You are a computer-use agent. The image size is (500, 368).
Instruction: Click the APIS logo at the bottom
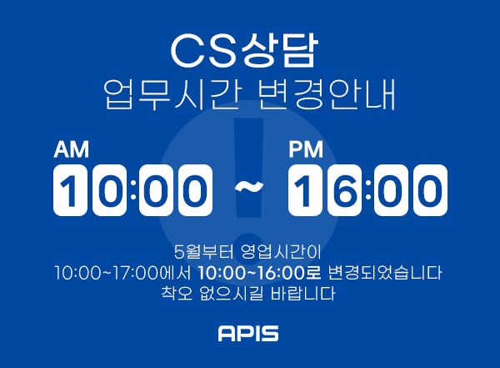[x=248, y=333]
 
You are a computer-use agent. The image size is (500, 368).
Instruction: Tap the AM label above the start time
[x=71, y=149]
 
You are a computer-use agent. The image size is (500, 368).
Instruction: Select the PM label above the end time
[x=306, y=149]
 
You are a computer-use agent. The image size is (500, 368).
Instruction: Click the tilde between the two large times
[x=249, y=187]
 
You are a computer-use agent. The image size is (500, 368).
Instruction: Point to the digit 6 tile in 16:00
[x=344, y=190]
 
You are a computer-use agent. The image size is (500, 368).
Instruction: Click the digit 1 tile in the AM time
[x=70, y=190]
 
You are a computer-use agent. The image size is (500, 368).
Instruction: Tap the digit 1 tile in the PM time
[x=305, y=190]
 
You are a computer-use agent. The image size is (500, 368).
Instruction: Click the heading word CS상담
[x=244, y=51]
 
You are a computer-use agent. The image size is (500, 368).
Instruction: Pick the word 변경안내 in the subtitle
[x=327, y=94]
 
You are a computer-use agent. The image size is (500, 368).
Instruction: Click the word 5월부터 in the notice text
[x=204, y=252]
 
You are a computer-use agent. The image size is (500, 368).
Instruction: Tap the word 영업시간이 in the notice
[x=281, y=252]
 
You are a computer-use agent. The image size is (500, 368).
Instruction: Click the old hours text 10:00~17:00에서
[x=122, y=273]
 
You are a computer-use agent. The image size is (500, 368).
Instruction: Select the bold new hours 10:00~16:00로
[x=259, y=273]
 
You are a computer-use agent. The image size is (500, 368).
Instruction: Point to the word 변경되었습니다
[x=385, y=273]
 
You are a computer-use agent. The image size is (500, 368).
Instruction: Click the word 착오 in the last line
[x=177, y=293]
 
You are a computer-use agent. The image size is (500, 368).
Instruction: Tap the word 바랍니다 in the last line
[x=303, y=293]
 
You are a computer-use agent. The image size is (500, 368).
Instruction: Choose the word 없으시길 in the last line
[x=232, y=293]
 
